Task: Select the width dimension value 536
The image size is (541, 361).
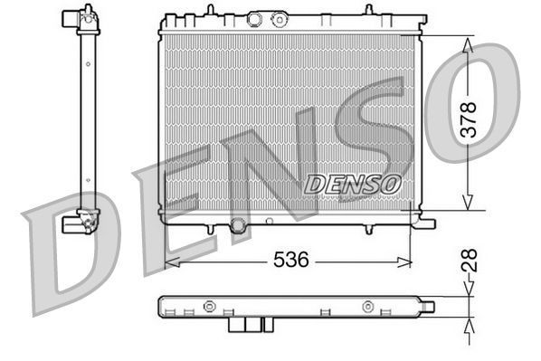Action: point(291,260)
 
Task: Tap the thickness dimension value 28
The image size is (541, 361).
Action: point(470,261)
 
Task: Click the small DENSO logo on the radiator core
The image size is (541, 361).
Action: point(353,184)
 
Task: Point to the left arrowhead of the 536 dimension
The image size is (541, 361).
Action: point(169,261)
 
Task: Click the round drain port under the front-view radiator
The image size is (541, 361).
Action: point(238,225)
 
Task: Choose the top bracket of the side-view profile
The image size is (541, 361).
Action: point(80,16)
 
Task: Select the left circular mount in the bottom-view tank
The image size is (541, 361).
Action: point(209,306)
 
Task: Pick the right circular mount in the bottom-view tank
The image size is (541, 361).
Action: point(368,306)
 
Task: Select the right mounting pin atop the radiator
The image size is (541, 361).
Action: point(367,11)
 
